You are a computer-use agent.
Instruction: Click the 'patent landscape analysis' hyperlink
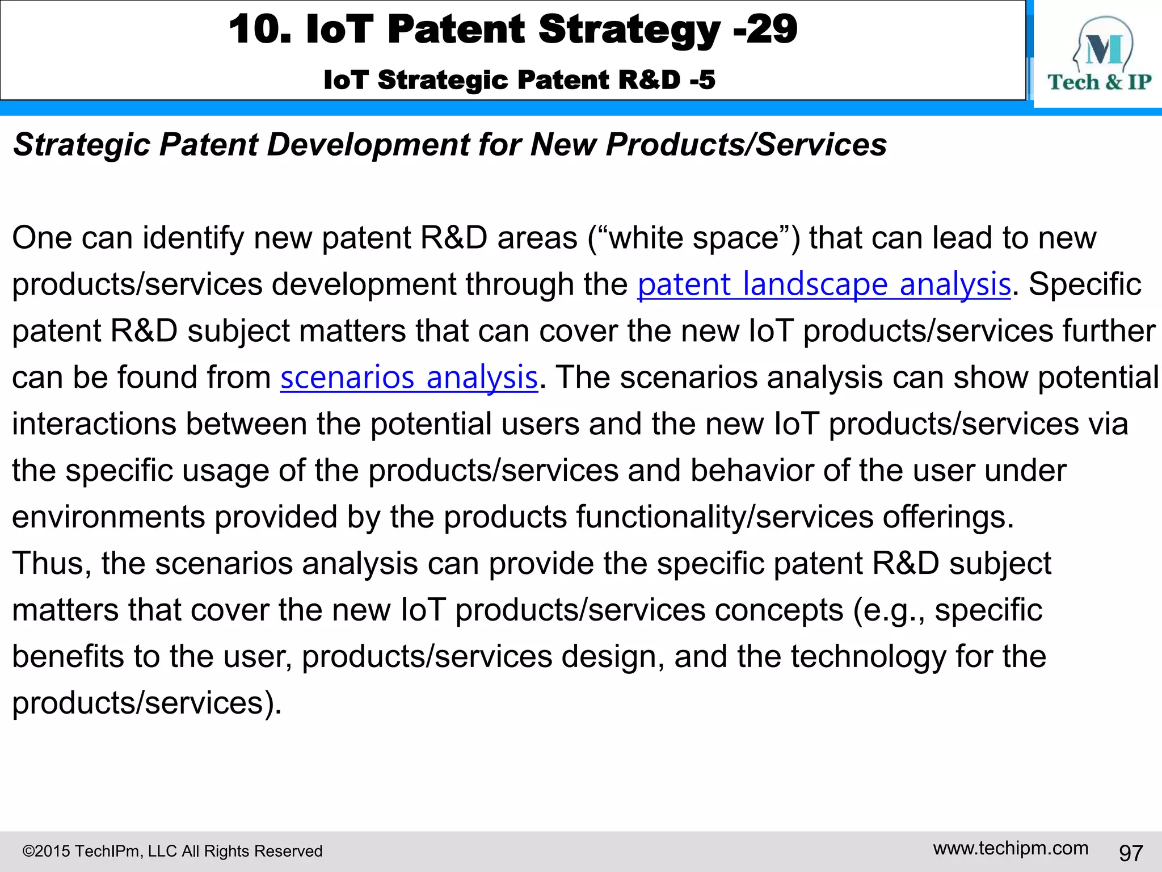pos(824,284)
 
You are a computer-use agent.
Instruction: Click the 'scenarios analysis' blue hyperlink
pos(409,378)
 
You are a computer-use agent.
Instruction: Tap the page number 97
pos(1130,852)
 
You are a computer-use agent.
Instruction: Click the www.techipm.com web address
pos(1011,848)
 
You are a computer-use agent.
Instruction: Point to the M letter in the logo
pos(1103,49)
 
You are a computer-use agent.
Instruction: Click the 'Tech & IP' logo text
pos(1099,82)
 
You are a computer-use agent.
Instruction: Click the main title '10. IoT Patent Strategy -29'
pos(513,30)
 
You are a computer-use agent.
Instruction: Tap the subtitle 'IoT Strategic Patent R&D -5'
pos(519,80)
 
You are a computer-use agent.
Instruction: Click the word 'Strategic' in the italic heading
pos(82,145)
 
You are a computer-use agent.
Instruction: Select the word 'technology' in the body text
pos(869,657)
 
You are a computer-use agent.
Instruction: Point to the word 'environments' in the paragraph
pos(108,517)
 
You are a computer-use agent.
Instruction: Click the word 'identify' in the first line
pos(193,238)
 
